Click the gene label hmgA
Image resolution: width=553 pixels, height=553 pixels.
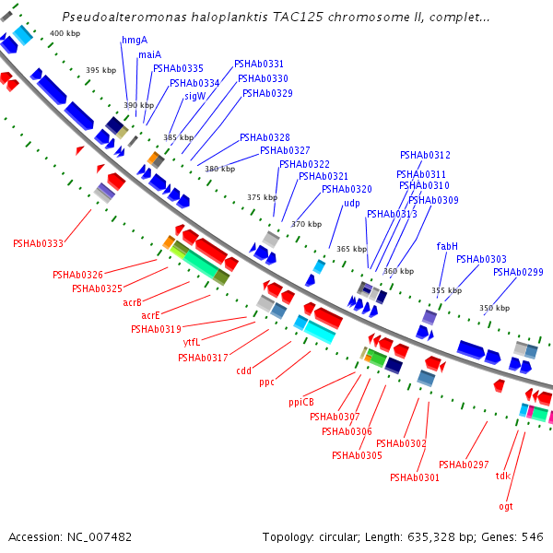click(135, 40)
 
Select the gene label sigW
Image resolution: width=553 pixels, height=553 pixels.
click(194, 96)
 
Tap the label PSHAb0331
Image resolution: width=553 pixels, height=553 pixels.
click(259, 64)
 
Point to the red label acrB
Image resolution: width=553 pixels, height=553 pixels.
click(133, 302)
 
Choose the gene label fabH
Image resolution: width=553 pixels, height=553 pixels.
click(447, 246)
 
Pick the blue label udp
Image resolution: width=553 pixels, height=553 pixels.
click(352, 203)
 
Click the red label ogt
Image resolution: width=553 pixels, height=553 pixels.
click(506, 506)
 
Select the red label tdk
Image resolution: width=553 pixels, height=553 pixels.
click(503, 476)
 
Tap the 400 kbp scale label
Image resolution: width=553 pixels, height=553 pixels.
click(65, 33)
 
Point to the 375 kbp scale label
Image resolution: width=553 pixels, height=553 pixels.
click(262, 197)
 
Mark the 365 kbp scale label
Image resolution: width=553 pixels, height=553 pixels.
click(351, 249)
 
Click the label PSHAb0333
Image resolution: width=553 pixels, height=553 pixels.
click(38, 243)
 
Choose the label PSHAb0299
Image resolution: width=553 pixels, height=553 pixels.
click(518, 272)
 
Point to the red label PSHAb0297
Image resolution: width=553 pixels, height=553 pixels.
click(464, 465)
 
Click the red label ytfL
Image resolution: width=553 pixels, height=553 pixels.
click(192, 342)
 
